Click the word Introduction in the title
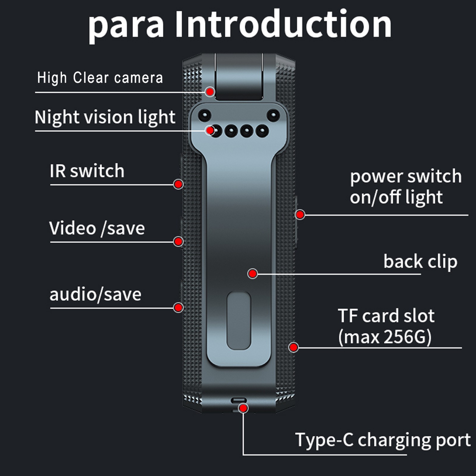coord(283,24)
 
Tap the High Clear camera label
coord(100,78)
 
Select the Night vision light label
coord(105,117)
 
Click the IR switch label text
coord(87,171)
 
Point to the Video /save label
coord(97,228)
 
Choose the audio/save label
coord(95,295)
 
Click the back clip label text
coord(420,262)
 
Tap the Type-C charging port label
coord(383,440)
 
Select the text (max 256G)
coord(385,337)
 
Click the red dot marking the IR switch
coord(178,184)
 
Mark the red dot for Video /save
coord(178,241)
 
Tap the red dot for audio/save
coord(178,307)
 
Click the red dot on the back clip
coord(253,273)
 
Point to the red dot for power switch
coord(300,214)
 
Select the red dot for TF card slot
coord(294,347)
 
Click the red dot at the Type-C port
coord(243,408)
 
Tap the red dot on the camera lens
coord(210,92)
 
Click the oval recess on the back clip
coord(239,320)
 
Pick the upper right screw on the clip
coord(273,115)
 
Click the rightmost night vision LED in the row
coord(262,131)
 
